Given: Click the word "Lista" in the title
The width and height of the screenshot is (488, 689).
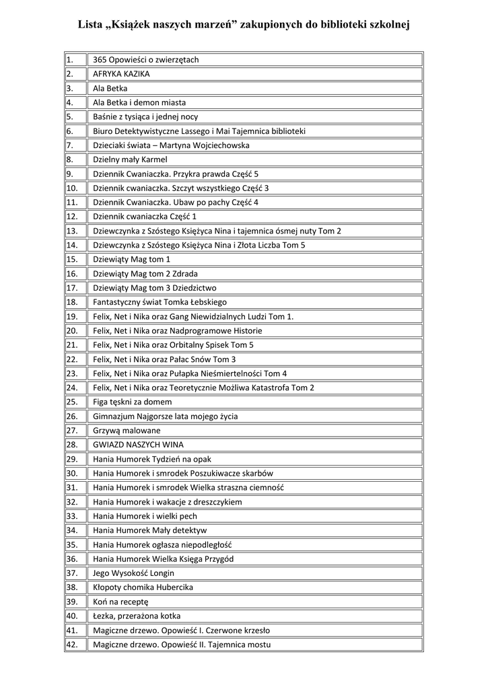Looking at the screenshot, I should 92,25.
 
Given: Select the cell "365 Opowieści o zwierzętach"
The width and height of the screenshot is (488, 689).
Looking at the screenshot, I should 146,60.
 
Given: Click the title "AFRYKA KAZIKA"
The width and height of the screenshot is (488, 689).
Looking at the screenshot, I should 121,74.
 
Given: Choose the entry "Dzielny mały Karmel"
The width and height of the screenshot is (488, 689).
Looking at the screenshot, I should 130,160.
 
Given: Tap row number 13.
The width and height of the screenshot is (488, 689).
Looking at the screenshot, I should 72,231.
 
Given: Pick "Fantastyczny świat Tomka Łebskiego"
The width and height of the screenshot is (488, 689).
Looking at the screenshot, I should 160,303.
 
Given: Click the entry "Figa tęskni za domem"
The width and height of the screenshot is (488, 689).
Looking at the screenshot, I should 133,402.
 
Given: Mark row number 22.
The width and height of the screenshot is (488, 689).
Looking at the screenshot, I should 72,359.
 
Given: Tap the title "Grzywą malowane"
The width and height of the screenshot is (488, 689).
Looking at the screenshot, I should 127,431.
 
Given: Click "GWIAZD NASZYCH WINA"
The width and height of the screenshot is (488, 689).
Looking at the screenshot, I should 138,445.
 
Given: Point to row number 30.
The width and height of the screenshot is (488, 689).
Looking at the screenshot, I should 72,474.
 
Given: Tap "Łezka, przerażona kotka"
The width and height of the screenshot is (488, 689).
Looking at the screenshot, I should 137,616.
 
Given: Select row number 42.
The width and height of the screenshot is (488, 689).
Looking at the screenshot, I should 72,645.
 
